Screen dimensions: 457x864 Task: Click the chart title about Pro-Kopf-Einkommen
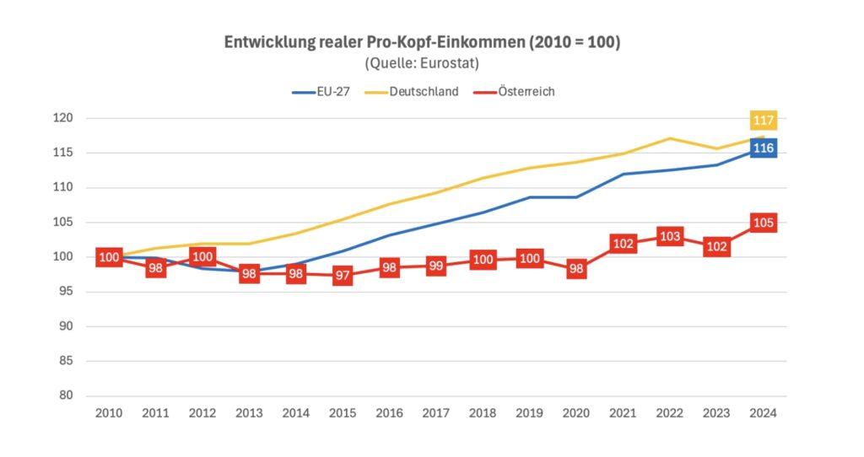421,42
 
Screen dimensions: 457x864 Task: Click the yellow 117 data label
764,121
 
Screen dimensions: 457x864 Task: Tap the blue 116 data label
764,148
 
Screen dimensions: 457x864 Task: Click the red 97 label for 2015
343,276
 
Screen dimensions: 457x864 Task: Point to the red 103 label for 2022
670,236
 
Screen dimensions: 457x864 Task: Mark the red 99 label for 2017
436,266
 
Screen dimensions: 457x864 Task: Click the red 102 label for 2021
623,244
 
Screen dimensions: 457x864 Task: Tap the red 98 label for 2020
576,269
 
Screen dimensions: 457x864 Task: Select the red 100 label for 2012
202,256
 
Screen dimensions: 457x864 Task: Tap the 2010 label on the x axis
110,414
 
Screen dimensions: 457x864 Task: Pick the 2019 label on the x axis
530,414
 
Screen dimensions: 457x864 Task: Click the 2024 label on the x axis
764,414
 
